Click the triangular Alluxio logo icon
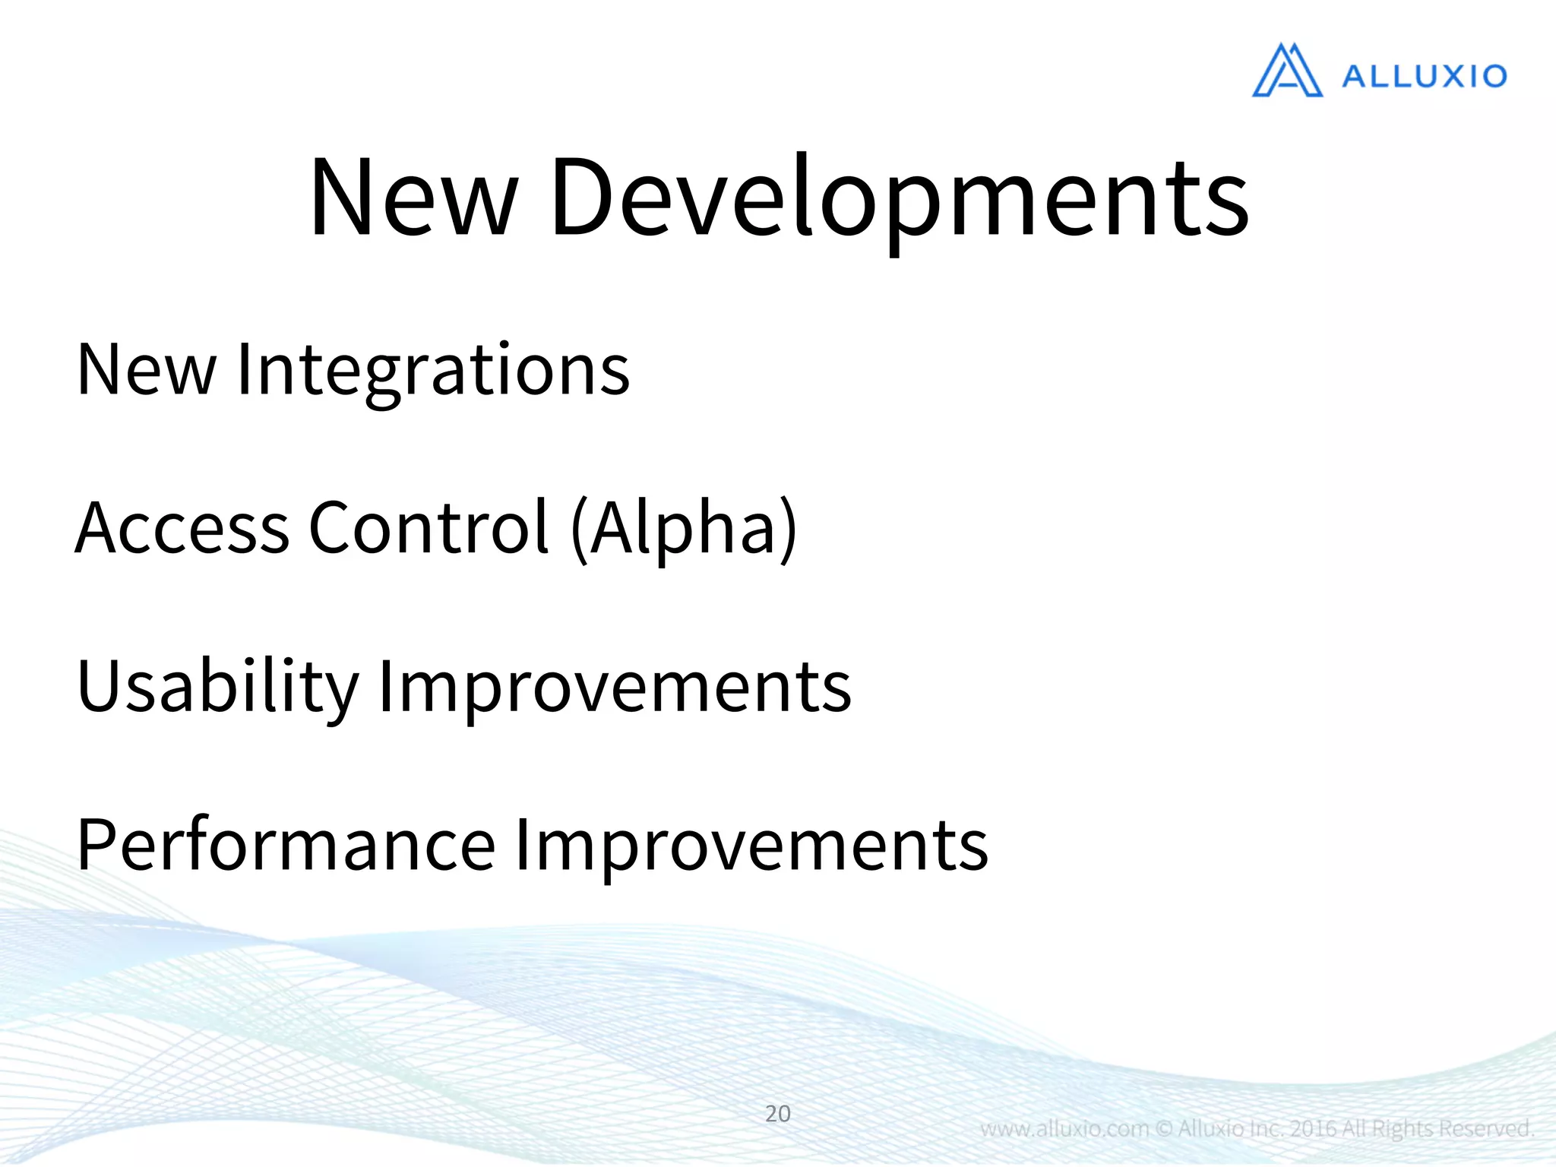(1286, 71)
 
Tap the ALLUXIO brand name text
(1424, 76)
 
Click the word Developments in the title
(899, 198)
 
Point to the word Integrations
(433, 370)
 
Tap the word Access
(182, 527)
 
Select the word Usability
(217, 686)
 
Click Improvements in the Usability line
(614, 686)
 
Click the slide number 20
(777, 1114)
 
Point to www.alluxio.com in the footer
(1064, 1129)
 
